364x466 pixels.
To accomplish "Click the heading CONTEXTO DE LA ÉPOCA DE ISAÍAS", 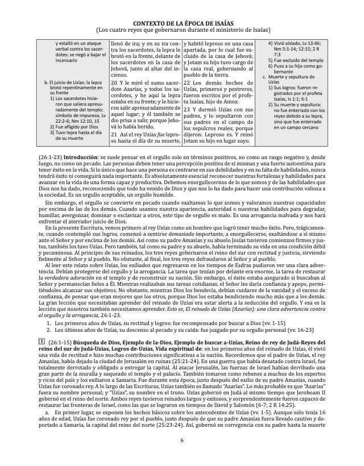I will pyautogui.click(x=182, y=21).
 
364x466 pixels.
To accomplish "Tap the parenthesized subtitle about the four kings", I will pyautogui.click(x=182, y=29).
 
